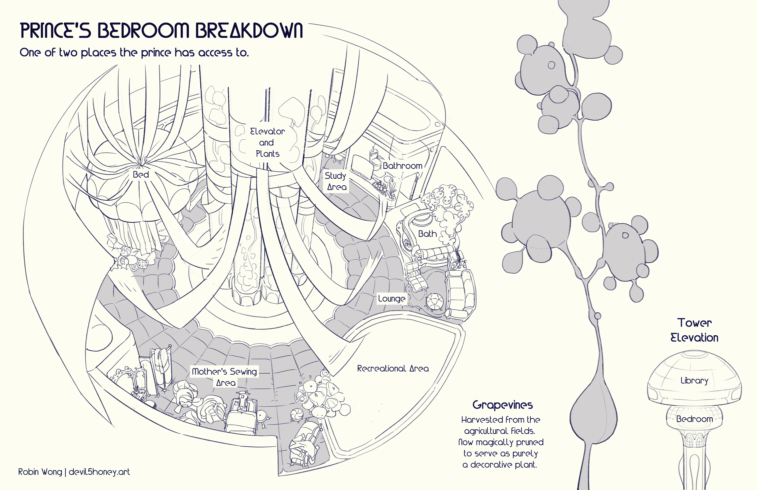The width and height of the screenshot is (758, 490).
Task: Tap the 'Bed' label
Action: click(x=141, y=174)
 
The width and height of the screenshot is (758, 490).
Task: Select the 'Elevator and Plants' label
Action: click(x=267, y=143)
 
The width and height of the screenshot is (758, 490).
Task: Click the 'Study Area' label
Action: click(x=336, y=181)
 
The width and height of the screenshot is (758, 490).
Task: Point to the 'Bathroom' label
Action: click(x=402, y=166)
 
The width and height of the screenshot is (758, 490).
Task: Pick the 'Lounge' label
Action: click(x=392, y=299)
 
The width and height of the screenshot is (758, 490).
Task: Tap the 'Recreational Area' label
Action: click(x=393, y=369)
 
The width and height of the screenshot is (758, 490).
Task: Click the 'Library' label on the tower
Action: click(x=694, y=381)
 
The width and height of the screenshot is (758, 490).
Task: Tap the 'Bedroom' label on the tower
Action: click(x=694, y=419)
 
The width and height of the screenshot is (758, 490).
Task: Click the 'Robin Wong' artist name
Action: click(x=40, y=471)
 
